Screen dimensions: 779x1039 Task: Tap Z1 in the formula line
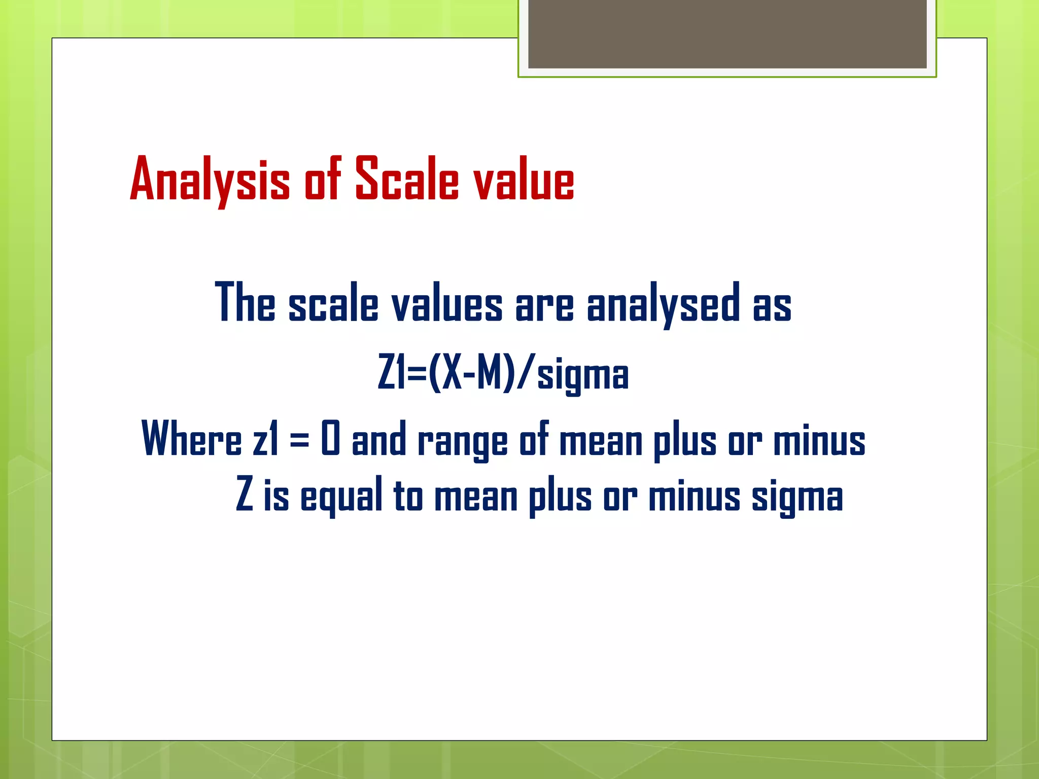(x=392, y=373)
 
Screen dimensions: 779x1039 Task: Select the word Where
(x=191, y=439)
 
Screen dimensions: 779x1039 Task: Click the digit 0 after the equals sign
(x=330, y=439)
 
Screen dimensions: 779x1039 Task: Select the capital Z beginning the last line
(x=245, y=494)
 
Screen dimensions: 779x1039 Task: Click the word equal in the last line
(x=341, y=497)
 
